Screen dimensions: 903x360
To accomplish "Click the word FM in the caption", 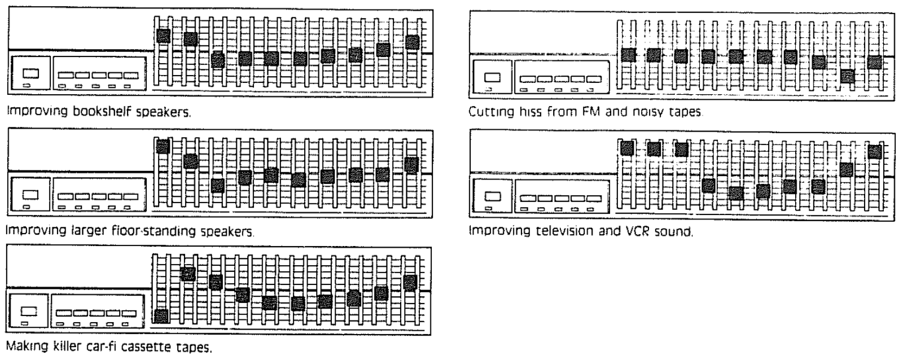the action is click(x=590, y=111).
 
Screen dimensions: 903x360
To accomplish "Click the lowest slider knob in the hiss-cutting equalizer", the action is click(x=847, y=76).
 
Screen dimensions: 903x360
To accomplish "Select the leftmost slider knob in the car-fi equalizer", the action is click(x=161, y=316).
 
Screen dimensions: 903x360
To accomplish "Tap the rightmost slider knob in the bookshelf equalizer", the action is click(x=413, y=42).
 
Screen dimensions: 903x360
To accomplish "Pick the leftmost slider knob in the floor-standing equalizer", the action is click(x=163, y=146).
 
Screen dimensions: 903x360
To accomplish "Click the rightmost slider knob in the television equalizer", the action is click(x=875, y=152).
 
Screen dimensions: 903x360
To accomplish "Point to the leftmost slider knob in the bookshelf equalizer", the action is click(x=163, y=36).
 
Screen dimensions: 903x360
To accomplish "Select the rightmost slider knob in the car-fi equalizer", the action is click(x=410, y=283).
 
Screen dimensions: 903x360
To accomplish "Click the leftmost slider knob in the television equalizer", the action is click(x=627, y=148).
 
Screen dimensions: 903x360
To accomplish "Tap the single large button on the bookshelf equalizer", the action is click(x=31, y=73).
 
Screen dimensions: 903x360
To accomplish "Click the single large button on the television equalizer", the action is click(x=493, y=196).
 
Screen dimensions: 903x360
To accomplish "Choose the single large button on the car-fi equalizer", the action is click(x=29, y=311).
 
